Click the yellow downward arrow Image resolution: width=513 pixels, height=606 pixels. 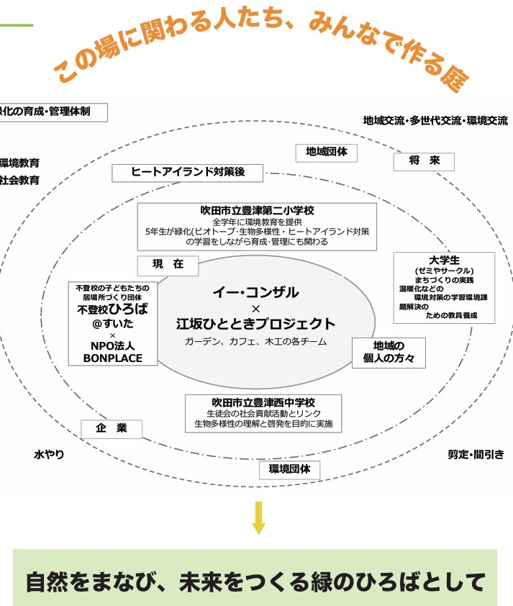(259, 517)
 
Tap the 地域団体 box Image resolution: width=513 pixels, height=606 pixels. (326, 153)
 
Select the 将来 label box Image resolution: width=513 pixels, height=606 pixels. (424, 161)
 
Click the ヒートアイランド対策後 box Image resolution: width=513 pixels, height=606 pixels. (188, 173)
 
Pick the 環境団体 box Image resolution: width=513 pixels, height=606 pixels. (289, 470)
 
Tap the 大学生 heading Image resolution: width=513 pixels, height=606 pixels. (444, 260)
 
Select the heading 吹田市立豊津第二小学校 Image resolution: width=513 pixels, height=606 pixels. (257, 211)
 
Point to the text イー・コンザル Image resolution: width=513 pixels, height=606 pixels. (255, 292)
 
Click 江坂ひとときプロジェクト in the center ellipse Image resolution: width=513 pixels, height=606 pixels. (255, 324)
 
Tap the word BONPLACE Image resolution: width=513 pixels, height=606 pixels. (112, 358)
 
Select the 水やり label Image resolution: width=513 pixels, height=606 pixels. (49, 455)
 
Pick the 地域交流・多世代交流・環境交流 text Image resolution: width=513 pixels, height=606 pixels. (435, 121)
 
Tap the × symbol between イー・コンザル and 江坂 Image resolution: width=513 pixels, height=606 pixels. (255, 308)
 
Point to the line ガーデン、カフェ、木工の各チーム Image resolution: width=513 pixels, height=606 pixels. (255, 341)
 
